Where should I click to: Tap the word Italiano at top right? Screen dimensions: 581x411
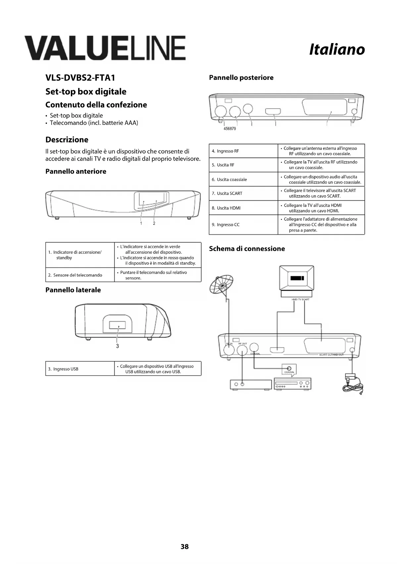tap(337, 50)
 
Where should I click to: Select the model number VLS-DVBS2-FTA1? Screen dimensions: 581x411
tap(80, 78)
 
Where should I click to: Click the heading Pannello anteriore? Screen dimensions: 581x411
tap(76, 171)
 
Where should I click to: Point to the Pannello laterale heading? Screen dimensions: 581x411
tap(73, 290)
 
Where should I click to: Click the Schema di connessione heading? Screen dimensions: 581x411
tap(247, 249)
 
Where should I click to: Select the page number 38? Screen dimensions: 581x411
tap(184, 547)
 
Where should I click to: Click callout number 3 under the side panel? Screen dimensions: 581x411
tap(118, 346)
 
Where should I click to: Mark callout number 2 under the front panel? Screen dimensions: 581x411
tap(154, 223)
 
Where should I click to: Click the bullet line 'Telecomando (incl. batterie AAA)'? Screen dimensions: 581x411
tap(94, 123)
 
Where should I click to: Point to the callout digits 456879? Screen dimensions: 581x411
tap(230, 129)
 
